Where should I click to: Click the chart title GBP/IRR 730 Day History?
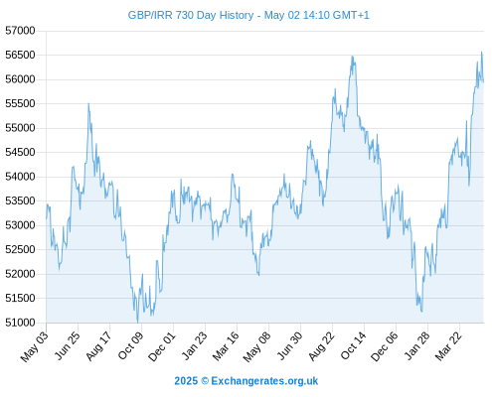pos(191,15)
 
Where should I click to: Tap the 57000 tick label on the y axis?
pos(20,31)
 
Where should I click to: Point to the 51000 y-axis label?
pos(20,323)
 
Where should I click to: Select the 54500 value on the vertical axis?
pos(20,152)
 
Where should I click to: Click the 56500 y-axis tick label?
pos(20,55)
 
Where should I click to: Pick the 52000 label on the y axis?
pos(20,274)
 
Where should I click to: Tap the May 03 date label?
pos(35,345)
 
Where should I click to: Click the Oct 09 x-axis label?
pos(130,345)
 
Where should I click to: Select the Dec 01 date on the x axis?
pos(162,345)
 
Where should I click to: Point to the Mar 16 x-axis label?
pos(226,345)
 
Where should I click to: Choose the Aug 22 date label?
pos(321,345)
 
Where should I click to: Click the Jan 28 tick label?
pos(416,345)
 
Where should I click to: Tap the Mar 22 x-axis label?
pos(448,345)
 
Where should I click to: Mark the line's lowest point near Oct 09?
pos(137,322)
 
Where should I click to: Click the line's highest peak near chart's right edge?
pos(482,52)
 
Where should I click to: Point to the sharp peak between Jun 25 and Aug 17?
pos(88,103)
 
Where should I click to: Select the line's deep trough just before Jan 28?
pos(421,312)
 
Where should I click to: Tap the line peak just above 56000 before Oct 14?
pos(352,57)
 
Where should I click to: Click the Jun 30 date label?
pos(289,345)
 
